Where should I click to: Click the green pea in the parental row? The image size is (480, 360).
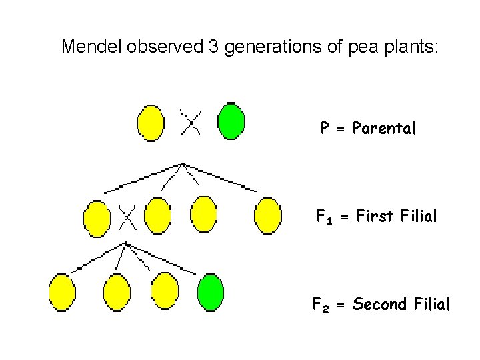coord(231,121)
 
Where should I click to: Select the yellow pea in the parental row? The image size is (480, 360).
coord(151,123)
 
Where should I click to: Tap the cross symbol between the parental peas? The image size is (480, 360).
coord(191,122)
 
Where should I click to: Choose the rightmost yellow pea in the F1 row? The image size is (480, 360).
coord(268,215)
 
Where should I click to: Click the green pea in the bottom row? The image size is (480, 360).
coord(211,292)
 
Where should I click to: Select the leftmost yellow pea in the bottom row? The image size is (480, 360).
coord(63,292)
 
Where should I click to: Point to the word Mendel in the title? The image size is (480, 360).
coord(85,47)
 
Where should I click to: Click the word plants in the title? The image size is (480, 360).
coord(411,47)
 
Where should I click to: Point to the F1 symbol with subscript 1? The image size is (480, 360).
coord(324,217)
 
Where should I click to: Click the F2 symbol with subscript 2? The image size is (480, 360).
coord(321,306)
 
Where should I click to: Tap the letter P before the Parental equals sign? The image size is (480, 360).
coord(325,128)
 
